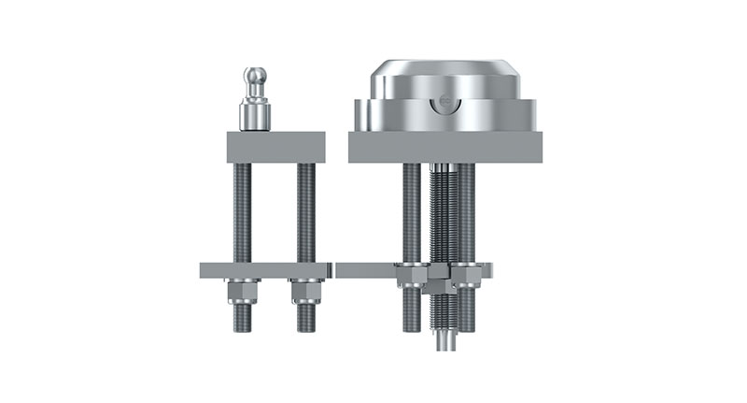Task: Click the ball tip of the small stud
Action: [x=255, y=76]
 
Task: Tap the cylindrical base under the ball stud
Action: [x=255, y=116]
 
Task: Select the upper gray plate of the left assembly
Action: [x=275, y=147]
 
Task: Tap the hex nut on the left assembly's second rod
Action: [x=306, y=292]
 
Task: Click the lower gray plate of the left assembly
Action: [x=265, y=270]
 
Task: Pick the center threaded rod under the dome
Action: [x=442, y=215]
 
